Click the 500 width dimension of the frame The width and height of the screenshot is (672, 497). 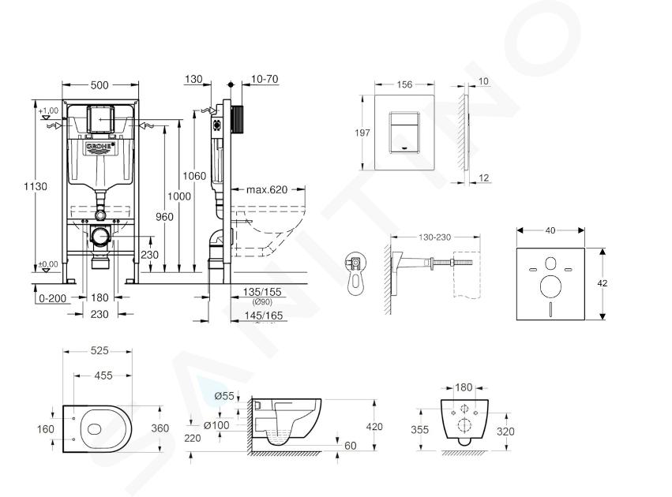(99, 85)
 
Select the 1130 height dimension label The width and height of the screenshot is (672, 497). (36, 187)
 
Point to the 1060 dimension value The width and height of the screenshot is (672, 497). (194, 176)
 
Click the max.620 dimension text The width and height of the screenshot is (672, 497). (267, 189)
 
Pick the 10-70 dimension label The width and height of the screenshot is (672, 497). (265, 79)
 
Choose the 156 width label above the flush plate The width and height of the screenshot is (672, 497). (404, 84)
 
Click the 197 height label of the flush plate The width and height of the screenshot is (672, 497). (362, 133)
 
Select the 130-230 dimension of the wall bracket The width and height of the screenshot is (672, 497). (434, 237)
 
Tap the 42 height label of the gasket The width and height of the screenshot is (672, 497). (603, 283)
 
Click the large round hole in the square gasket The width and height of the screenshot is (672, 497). (550, 286)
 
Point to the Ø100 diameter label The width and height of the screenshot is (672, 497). (216, 425)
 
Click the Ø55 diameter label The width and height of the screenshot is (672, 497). (224, 396)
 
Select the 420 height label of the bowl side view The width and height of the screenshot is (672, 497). (374, 426)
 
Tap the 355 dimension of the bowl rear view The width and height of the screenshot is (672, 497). (419, 429)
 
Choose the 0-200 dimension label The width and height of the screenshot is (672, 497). (53, 298)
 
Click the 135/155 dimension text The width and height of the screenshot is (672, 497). (262, 292)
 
